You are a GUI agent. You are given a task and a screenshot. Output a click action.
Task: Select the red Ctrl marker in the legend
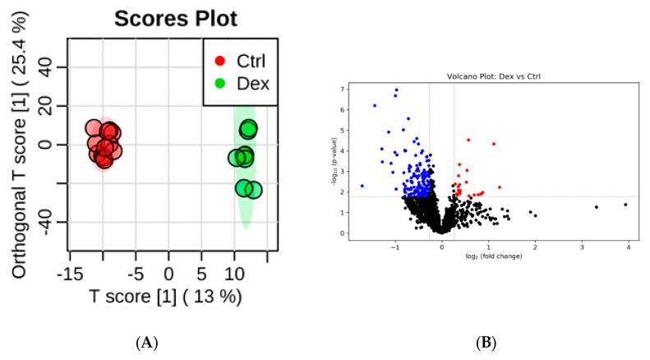pyautogui.click(x=219, y=60)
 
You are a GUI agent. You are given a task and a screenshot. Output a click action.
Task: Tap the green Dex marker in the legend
pyautogui.click(x=219, y=85)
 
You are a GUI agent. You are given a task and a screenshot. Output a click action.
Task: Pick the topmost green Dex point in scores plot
pyautogui.click(x=248, y=129)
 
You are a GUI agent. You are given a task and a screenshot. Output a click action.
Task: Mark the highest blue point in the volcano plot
pyautogui.click(x=396, y=90)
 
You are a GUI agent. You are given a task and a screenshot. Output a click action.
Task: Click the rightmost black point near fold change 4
pyautogui.click(x=625, y=204)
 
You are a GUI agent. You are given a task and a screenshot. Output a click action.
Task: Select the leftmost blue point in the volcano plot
pyautogui.click(x=362, y=186)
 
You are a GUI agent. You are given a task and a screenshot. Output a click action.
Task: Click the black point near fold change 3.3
pyautogui.click(x=596, y=207)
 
